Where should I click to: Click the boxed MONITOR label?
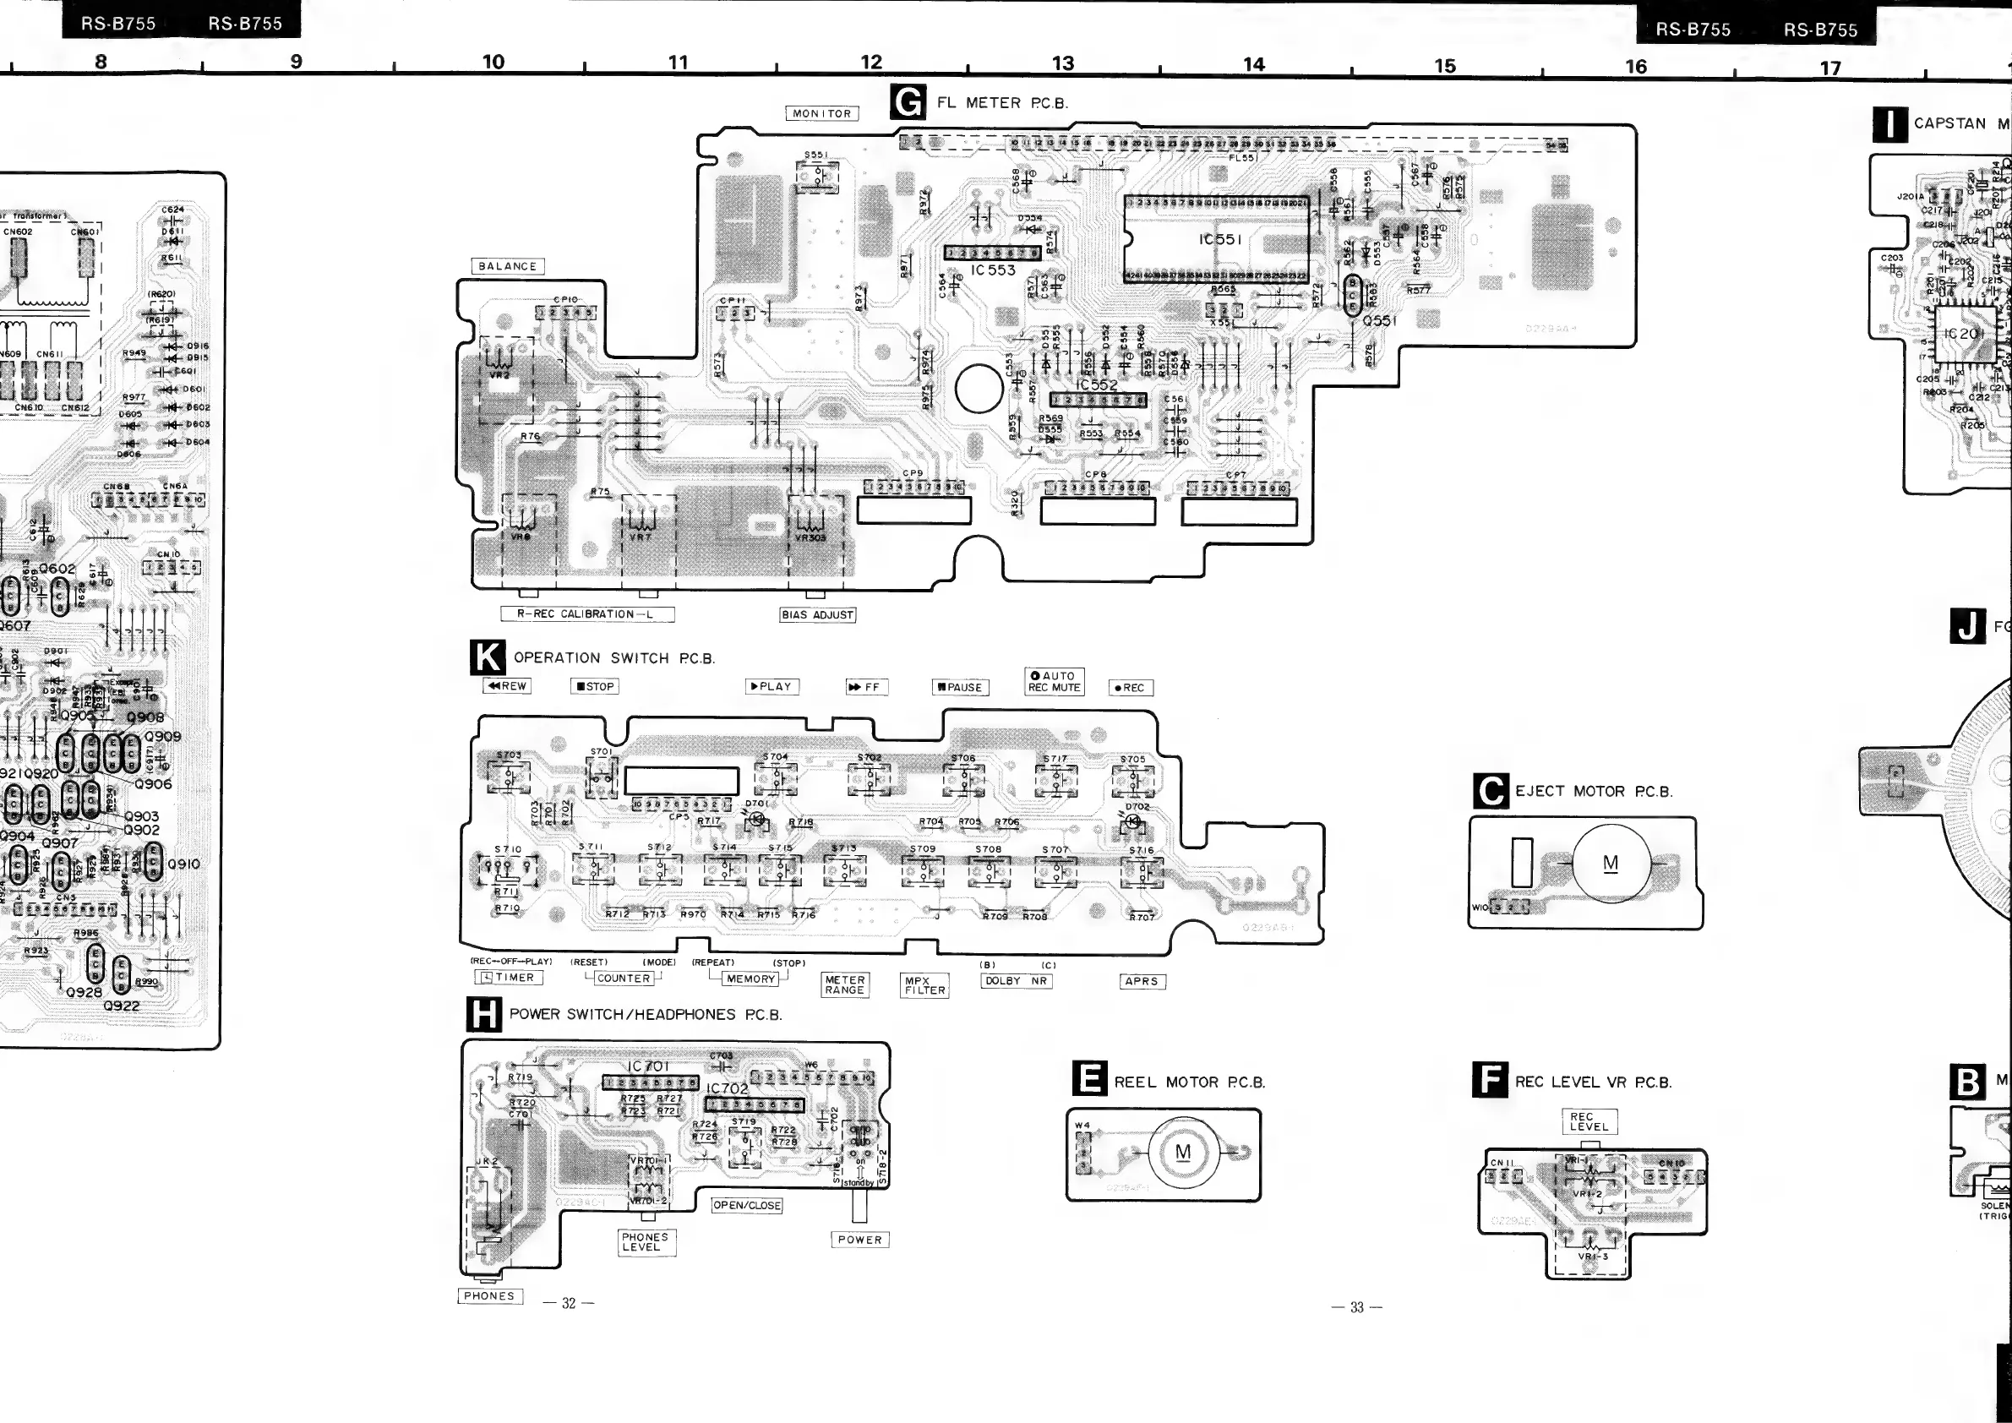822,114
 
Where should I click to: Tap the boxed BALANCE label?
507,266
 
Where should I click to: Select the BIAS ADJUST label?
818,615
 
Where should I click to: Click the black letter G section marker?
907,101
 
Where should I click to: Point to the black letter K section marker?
488,658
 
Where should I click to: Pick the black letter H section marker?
483,1015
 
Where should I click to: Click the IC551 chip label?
1220,239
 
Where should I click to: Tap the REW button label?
507,686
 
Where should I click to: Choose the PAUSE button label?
960,688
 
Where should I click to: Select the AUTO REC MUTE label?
1055,682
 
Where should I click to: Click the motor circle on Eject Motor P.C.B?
1611,864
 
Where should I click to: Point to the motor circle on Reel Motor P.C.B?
1183,1153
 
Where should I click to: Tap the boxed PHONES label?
490,1296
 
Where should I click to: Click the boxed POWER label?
859,1240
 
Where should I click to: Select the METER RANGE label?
845,985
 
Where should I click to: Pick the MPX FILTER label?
925,986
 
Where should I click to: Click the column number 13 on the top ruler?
1063,63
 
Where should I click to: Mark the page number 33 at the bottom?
1356,1307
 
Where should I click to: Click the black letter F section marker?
1490,1081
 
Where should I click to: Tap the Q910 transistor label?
183,864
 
